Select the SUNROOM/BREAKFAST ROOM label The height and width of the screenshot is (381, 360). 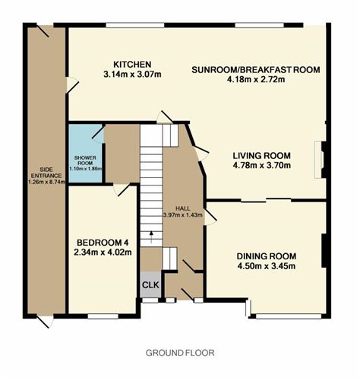[256, 69]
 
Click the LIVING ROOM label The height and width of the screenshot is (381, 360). [261, 154]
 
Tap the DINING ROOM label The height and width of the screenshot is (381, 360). [266, 256]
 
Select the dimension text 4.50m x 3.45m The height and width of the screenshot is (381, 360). [266, 266]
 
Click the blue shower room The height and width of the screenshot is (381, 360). [85, 152]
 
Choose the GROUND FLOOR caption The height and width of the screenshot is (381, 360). [180, 353]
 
